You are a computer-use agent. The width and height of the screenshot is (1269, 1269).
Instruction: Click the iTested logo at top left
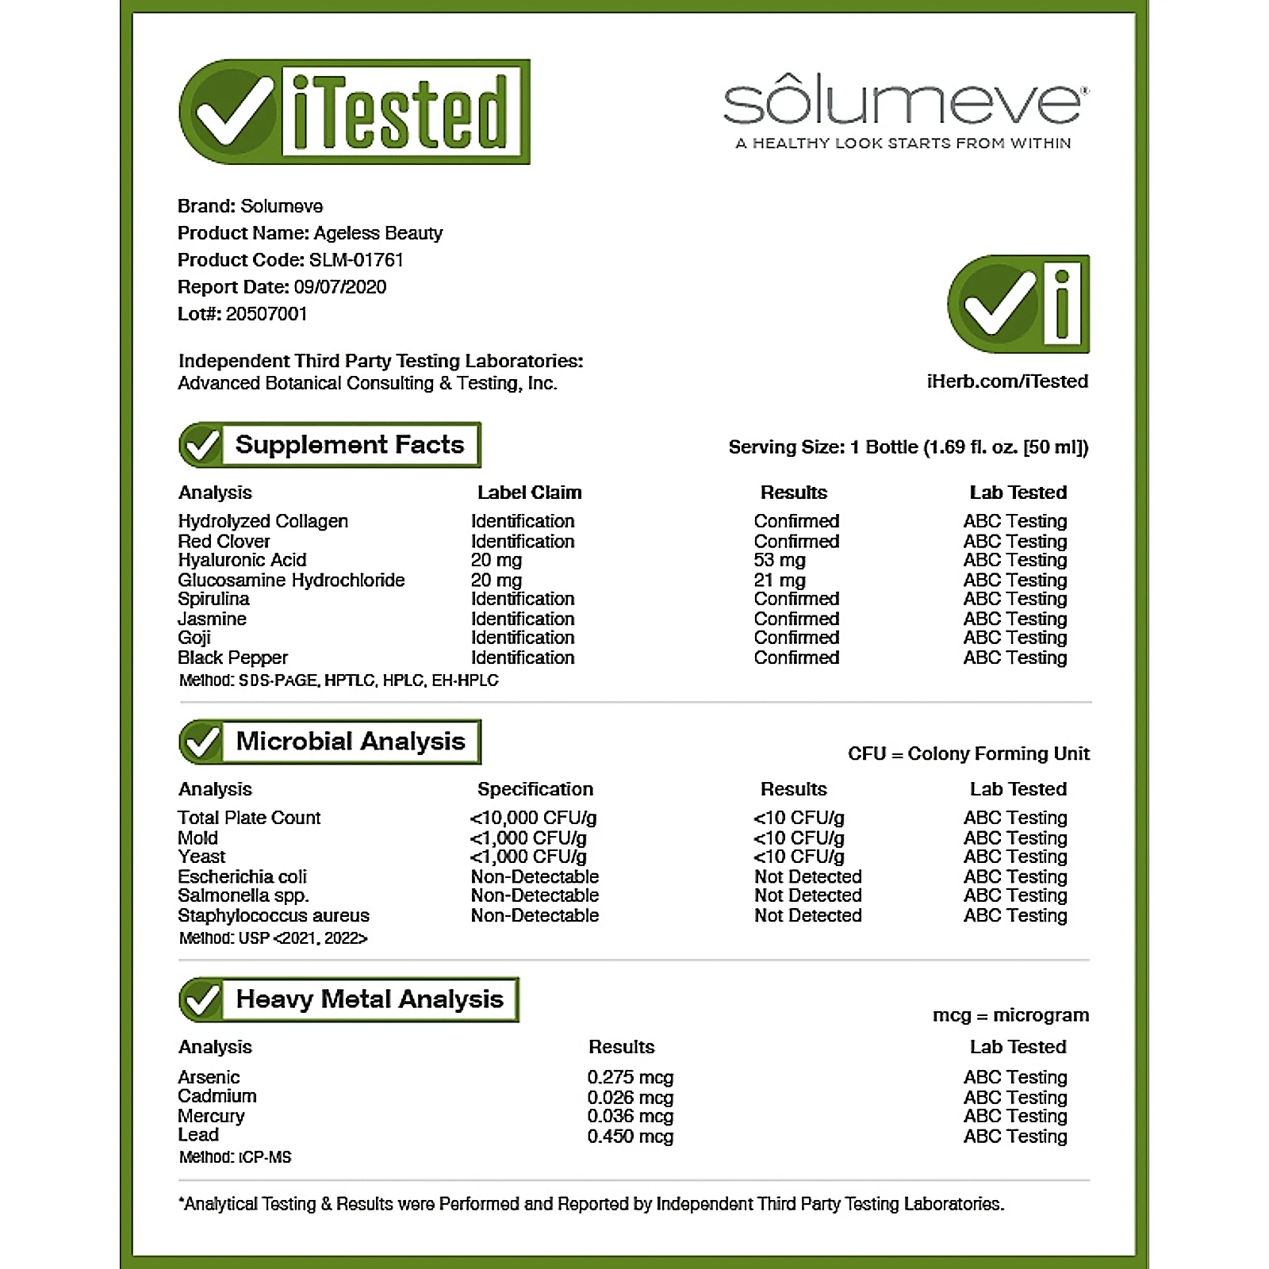coord(355,112)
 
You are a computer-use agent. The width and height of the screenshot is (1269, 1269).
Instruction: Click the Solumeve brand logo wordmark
coord(905,102)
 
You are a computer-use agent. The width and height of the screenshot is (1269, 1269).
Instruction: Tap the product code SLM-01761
coord(356,260)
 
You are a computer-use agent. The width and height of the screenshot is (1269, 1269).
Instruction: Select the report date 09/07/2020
coord(339,287)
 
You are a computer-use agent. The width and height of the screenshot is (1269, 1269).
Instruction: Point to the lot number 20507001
coord(266,314)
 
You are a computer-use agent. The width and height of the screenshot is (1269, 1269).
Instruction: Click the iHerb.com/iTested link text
coord(1006,381)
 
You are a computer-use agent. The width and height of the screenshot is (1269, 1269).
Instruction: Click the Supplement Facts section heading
coord(349,445)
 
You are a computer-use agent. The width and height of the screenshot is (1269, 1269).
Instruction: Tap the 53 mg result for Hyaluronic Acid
coord(779,560)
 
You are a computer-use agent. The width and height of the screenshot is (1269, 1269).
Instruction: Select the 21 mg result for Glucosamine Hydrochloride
coord(779,580)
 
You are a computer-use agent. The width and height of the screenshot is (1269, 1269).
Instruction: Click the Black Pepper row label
coord(232,658)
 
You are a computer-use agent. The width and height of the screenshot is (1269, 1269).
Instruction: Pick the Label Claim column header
coord(529,493)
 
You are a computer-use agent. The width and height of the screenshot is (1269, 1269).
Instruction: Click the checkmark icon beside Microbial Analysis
coord(201,742)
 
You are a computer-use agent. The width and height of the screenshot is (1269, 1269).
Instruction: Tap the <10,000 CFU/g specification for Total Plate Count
coord(533,818)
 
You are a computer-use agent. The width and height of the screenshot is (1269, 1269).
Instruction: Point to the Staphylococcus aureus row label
coord(273,915)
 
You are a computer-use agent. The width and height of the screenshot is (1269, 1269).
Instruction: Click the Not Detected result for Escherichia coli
coord(807,876)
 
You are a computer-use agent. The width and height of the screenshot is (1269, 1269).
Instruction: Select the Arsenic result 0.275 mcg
coord(630,1077)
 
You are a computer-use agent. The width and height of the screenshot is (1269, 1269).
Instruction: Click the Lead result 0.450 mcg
coord(630,1136)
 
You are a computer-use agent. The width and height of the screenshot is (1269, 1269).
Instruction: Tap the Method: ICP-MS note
coord(235,1157)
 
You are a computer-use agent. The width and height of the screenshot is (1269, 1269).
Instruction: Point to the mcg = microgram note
coord(1010,1015)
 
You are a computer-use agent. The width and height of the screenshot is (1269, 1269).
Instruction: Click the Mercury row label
coord(211,1116)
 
